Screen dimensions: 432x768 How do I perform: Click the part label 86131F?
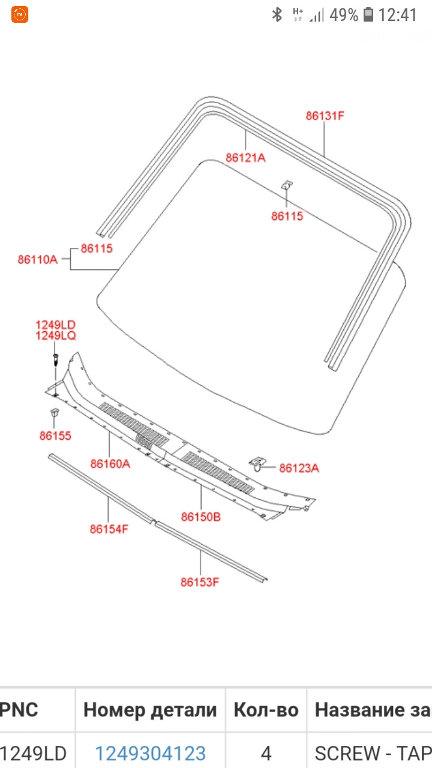(325, 116)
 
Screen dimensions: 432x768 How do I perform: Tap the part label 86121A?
(245, 158)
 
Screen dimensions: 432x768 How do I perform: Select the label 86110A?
(38, 260)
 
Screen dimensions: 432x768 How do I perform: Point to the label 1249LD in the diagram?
(56, 325)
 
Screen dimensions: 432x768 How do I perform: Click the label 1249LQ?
(56, 335)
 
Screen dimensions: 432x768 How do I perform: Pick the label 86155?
(55, 436)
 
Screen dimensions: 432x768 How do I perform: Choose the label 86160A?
(110, 464)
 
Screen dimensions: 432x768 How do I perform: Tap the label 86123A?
(299, 468)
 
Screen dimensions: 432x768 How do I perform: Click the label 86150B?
(201, 517)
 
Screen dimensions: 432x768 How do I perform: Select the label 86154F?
(109, 529)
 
